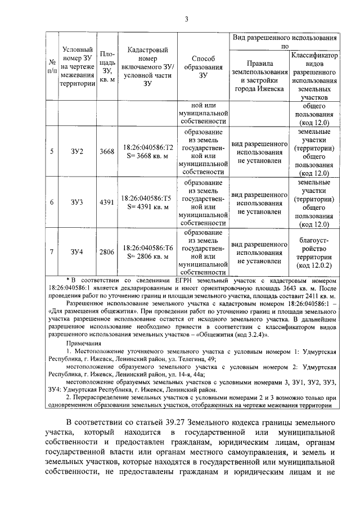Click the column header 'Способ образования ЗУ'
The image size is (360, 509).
tap(203, 67)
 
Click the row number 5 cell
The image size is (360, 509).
tap(52, 151)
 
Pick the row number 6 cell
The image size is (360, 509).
tap(52, 202)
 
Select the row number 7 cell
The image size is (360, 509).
tap(52, 251)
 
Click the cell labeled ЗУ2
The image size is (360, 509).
tap(77, 151)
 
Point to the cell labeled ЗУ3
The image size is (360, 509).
tap(77, 202)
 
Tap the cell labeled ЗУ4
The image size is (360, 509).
tap(77, 251)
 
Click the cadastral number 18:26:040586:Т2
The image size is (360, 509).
tap(147, 147)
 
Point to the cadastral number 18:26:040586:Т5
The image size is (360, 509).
tap(147, 197)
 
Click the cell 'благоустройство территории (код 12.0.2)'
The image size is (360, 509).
tap(314, 251)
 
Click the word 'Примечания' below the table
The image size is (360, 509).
tap(84, 344)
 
